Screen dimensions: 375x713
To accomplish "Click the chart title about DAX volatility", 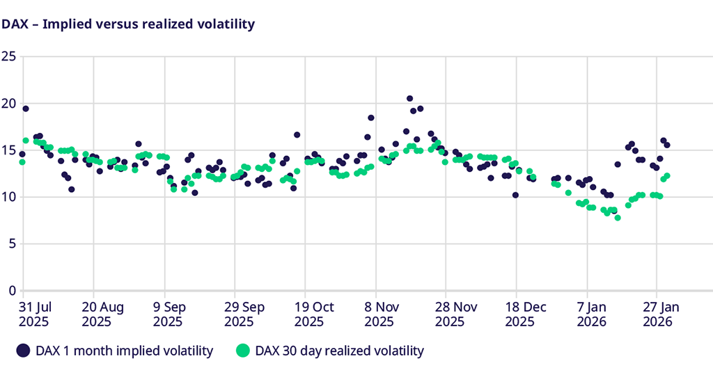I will tap(127, 24).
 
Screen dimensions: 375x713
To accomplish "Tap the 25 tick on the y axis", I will tap(8, 56).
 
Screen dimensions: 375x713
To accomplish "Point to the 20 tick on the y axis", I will tap(8, 104).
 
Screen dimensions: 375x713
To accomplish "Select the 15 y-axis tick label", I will tap(8, 150).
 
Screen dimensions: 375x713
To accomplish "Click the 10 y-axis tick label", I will tap(8, 197).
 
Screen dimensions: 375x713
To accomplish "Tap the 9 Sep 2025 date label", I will tap(169, 313).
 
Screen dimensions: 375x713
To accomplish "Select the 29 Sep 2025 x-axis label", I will tap(239, 313).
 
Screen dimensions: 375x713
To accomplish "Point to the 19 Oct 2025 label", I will tap(309, 313).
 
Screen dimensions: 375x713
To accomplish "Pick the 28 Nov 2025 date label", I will tap(450, 313).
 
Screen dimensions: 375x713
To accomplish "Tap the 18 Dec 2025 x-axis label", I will tap(520, 313).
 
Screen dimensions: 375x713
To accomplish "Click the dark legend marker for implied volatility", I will tap(24, 351).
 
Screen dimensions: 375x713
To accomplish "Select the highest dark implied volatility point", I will tap(409, 99).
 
